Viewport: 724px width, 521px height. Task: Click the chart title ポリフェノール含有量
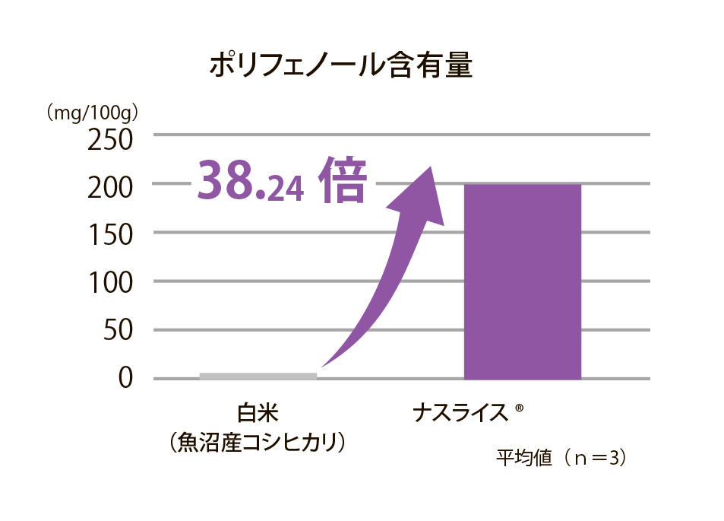(x=340, y=66)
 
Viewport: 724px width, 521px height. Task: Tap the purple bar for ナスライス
(x=522, y=281)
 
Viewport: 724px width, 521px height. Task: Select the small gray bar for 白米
(x=258, y=375)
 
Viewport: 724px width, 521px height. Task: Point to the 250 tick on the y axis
(x=110, y=141)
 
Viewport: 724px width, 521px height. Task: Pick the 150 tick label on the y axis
(x=110, y=233)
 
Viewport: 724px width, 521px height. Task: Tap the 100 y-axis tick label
(x=110, y=282)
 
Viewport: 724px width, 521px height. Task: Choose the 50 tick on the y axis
(x=118, y=331)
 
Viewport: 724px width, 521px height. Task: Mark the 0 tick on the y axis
(x=126, y=379)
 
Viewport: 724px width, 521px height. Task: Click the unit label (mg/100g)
(x=91, y=113)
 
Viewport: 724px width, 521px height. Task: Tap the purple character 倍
(x=343, y=180)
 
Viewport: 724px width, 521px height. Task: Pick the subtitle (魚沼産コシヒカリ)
(x=258, y=442)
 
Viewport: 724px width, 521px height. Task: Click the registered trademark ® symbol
(x=520, y=408)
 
